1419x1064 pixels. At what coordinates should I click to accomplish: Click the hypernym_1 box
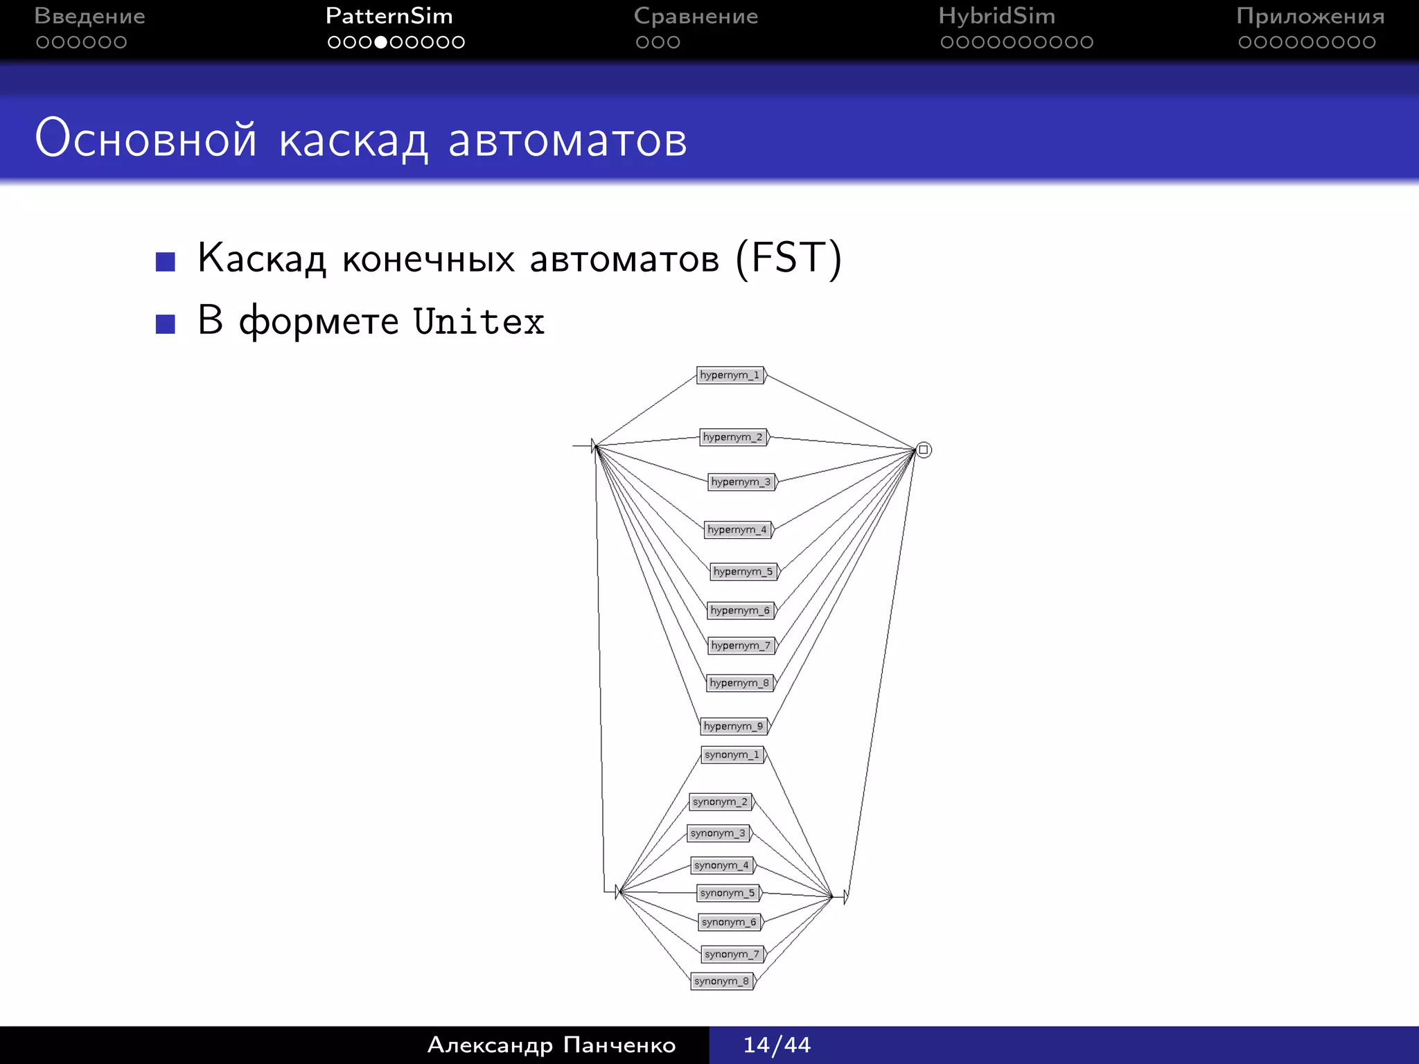click(x=730, y=375)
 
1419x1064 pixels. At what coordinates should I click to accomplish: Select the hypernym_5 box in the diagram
click(x=743, y=571)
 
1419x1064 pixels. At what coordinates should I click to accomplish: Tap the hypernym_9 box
click(x=734, y=726)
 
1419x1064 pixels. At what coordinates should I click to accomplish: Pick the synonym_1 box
click(x=732, y=754)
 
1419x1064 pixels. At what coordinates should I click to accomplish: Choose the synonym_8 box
click(x=722, y=981)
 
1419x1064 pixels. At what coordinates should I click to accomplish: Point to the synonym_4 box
click(x=722, y=865)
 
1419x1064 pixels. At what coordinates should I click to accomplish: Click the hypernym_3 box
click(x=741, y=481)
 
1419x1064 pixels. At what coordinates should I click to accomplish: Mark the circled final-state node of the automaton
click(x=924, y=450)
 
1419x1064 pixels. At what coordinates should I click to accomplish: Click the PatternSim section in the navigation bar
click(x=389, y=16)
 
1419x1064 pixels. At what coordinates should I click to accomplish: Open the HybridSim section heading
click(x=996, y=16)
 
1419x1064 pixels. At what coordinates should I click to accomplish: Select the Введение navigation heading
click(x=89, y=16)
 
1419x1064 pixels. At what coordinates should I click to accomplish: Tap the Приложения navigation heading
click(x=1310, y=16)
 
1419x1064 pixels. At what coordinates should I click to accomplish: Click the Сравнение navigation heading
click(x=696, y=16)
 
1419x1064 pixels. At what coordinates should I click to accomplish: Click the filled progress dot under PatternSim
click(x=380, y=42)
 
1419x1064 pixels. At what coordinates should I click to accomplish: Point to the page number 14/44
click(x=777, y=1045)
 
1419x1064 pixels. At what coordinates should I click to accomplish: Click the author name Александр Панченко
click(x=552, y=1045)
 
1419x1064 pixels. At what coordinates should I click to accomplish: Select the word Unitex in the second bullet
click(x=479, y=322)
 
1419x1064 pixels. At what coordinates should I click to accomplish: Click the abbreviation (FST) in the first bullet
click(x=788, y=258)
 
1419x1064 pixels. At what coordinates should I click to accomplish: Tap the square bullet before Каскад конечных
click(x=166, y=262)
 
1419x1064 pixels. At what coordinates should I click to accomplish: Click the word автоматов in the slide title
click(x=567, y=140)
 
